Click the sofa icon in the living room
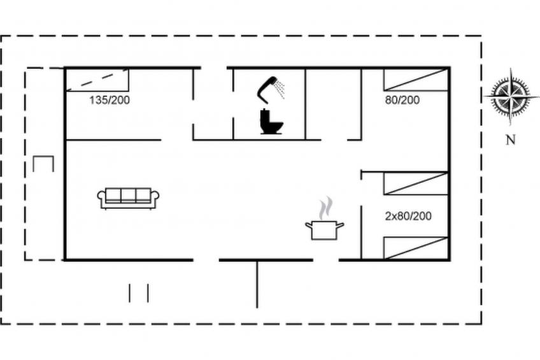coord(128,198)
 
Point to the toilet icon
coord(271,121)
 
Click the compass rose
coord(510,96)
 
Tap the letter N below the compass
coord(511,140)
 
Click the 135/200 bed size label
coord(110,100)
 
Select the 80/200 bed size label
coord(402,100)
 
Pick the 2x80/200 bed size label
coord(408,216)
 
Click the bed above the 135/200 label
coord(97,80)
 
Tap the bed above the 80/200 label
coord(416,80)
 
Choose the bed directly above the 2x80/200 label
coord(416,184)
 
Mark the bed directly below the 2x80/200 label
coord(416,248)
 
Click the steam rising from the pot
coord(326,208)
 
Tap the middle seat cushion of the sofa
coord(128,195)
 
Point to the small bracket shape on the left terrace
coord(43,164)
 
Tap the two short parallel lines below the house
coord(139,293)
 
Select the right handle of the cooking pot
coord(340,226)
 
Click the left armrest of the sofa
coord(101,199)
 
